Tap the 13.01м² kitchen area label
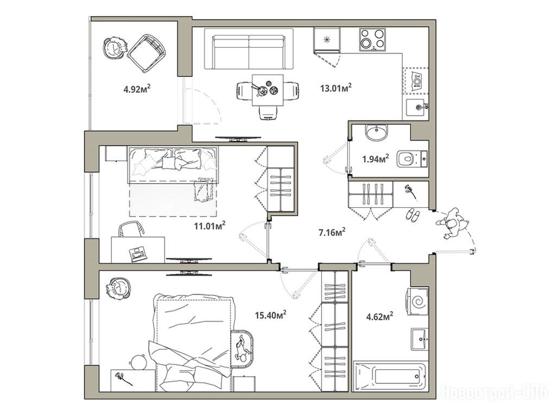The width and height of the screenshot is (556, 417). tap(336, 87)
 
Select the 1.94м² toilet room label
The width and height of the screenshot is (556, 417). tap(376, 159)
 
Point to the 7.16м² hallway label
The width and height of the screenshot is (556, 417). tap(332, 232)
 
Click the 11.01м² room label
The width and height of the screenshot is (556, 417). tap(210, 225)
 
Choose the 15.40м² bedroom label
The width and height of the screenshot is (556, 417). tap(271, 314)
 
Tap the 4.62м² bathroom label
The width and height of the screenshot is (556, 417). tap(380, 315)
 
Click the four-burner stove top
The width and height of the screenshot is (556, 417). tap(372, 39)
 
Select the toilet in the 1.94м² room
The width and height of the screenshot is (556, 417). tap(413, 158)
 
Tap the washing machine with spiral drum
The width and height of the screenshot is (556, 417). tap(418, 302)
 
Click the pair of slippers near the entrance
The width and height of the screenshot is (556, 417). tap(413, 215)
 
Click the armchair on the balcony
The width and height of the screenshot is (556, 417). tap(146, 53)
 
